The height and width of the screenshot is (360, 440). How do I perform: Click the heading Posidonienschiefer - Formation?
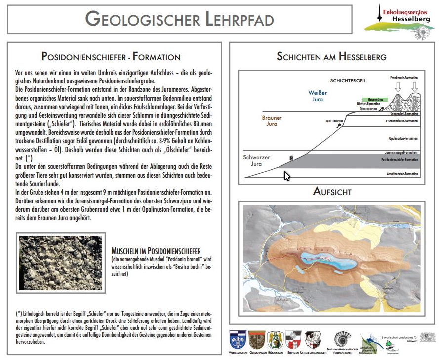point(111,57)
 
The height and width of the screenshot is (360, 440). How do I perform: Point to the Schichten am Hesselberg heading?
point(331,57)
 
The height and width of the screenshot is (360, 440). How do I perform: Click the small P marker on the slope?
point(291,158)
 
